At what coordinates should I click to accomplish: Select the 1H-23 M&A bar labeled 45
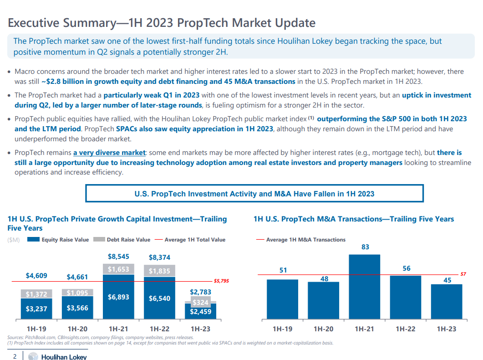[447, 301]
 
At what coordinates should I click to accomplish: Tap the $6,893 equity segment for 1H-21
[118, 297]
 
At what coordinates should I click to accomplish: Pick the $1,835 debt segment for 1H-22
[159, 271]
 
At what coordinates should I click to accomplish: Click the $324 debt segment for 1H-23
[200, 302]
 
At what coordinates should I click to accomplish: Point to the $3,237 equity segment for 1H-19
[36, 308]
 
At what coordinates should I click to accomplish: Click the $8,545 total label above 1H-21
[118, 257]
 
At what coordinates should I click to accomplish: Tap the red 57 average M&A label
[463, 274]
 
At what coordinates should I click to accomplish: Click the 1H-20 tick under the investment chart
[77, 329]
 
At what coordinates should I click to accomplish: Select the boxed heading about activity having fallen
[254, 194]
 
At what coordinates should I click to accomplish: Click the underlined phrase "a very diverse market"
[109, 153]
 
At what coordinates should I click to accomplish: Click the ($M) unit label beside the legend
[14, 240]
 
